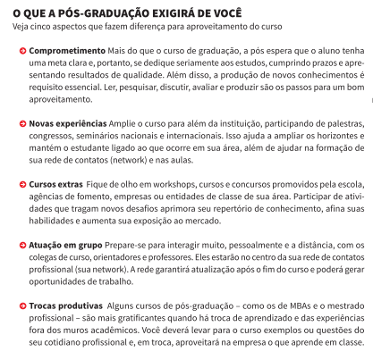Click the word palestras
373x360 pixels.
pyautogui.click(x=341, y=121)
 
